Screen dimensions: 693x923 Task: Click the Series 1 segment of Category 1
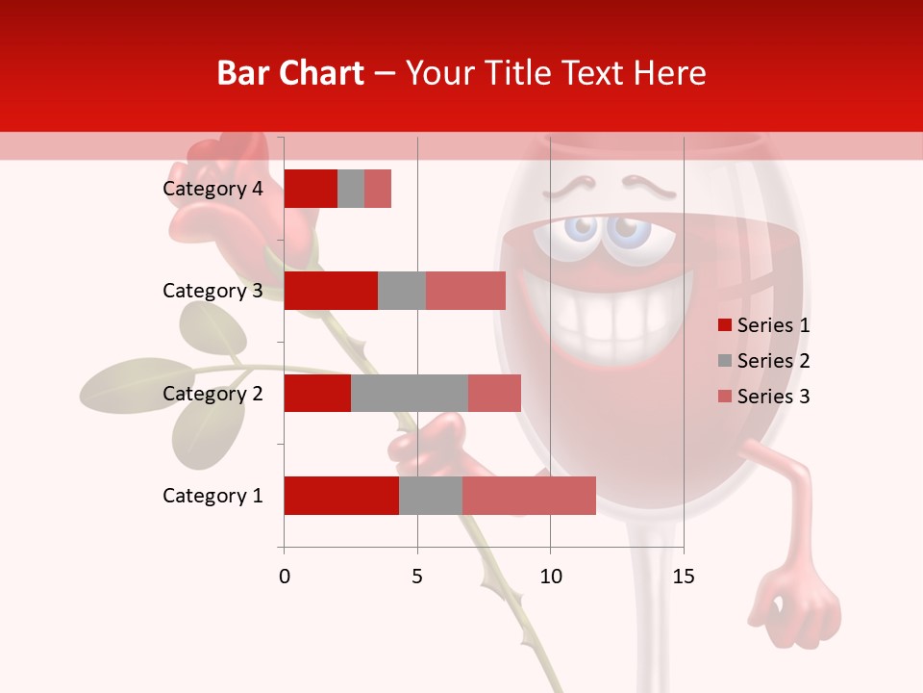[341, 496]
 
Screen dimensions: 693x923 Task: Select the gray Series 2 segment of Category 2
[410, 393]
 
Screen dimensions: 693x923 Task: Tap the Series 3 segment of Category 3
[465, 291]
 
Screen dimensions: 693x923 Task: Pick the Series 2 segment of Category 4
[351, 189]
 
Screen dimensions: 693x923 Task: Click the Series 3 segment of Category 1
[529, 496]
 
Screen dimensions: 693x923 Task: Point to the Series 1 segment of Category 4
[311, 189]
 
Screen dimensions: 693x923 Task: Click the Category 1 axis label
[212, 496]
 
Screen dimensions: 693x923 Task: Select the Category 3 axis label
[212, 291]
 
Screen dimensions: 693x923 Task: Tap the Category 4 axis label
[212, 189]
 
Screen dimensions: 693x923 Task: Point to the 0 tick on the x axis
[284, 577]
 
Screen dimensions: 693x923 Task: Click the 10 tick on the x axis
[550, 577]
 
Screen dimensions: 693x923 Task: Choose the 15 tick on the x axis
[684, 577]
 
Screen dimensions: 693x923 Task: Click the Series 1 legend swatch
[725, 325]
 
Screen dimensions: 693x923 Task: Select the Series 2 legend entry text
[773, 361]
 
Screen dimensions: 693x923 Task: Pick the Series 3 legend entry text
[773, 397]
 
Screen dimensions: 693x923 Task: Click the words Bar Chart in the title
[290, 73]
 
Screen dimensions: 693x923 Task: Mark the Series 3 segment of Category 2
[494, 393]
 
